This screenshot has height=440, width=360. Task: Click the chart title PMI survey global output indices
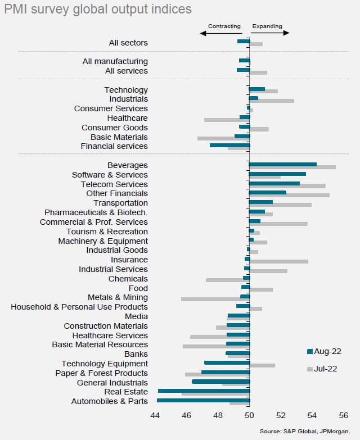(97, 10)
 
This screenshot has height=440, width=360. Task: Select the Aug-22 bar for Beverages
(283, 164)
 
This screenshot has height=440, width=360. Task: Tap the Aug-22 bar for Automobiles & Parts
(203, 400)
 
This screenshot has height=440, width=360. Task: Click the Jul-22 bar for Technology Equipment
(262, 365)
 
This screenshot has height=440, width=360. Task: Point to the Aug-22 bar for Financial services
(229, 145)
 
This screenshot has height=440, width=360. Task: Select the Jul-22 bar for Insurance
(279, 261)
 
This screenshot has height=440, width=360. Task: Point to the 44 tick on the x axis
(155, 416)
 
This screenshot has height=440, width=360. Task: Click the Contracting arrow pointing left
(220, 33)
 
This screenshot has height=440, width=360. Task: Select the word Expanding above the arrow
(267, 26)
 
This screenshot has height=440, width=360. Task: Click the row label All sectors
(128, 43)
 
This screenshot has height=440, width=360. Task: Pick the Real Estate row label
(126, 392)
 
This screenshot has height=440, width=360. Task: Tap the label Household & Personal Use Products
(79, 307)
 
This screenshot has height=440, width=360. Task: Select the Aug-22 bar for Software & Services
(277, 174)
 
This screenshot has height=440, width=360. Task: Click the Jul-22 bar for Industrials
(272, 101)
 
